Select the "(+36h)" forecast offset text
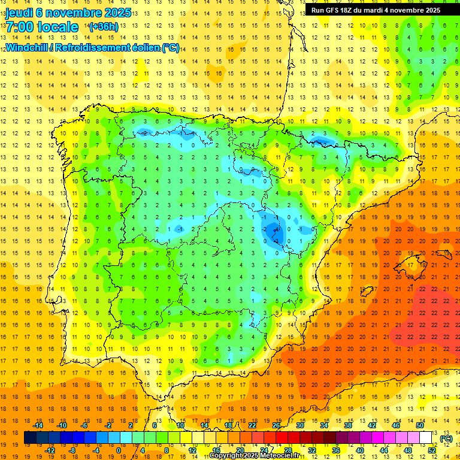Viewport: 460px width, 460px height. tap(104, 27)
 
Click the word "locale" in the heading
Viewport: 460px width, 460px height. tap(58, 27)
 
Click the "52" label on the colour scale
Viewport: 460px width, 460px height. tap(431, 450)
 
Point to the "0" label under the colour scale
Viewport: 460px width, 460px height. tap(119, 450)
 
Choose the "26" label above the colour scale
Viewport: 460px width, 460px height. tap(276, 425)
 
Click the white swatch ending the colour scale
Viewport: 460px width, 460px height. tap(426, 438)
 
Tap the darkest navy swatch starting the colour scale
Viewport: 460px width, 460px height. tap(30, 438)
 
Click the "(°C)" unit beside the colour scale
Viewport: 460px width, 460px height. tap(446, 438)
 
